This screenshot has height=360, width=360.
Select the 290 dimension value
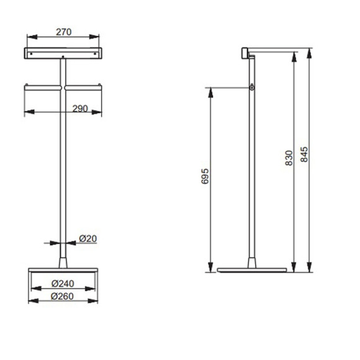[x=79, y=108]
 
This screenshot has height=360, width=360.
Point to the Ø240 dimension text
[x=63, y=284]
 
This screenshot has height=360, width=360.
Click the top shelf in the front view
[x=63, y=53]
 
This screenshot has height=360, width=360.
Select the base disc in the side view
[x=252, y=270]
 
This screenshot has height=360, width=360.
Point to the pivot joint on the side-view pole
[x=252, y=88]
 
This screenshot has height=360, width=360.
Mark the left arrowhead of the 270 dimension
[x=27, y=36]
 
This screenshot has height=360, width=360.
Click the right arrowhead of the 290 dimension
[x=99, y=112]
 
